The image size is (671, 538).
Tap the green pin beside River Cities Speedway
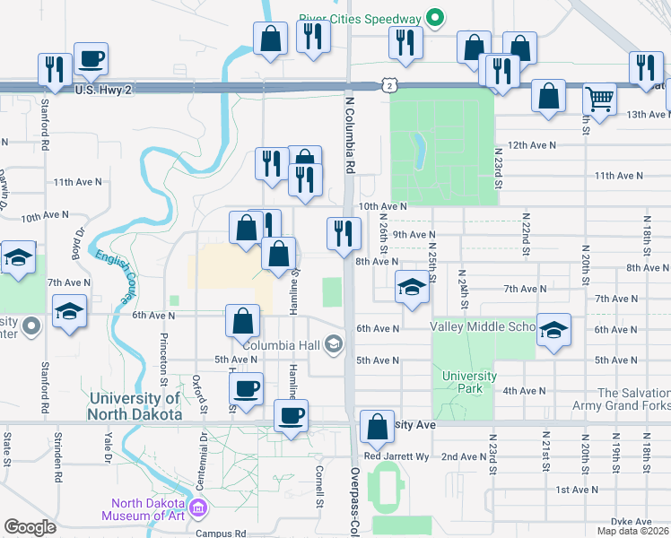coord(435,18)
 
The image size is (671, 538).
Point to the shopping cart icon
coord(598,98)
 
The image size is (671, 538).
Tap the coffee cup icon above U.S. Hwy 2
coord(91,59)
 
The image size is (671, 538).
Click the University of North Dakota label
coord(135,406)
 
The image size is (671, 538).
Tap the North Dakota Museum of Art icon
coord(198,509)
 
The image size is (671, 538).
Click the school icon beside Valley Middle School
coord(553,329)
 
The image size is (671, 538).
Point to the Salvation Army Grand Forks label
coord(633,399)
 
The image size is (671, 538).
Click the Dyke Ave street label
coord(631,521)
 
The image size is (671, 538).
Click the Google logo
coord(30,526)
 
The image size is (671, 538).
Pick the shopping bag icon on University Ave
coord(377,429)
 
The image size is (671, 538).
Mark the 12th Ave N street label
coord(531,144)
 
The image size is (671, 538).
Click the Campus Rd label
coord(221,533)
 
